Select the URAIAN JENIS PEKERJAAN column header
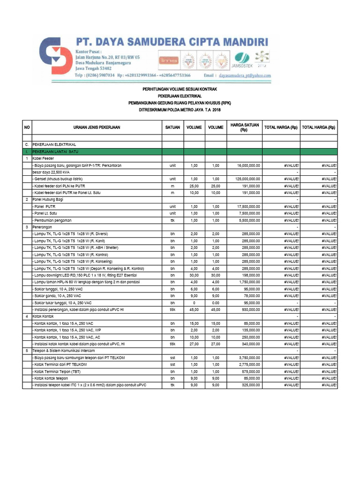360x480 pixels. pyautogui.click(x=97, y=127)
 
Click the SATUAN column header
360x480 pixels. pyautogui.click(x=172, y=127)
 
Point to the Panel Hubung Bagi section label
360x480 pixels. pyautogui.click(x=47, y=199)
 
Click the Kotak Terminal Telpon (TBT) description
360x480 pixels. pyautogui.click(x=56, y=371)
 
